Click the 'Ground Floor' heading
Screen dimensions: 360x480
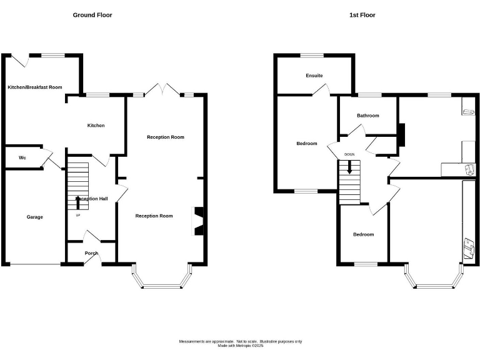click(92, 14)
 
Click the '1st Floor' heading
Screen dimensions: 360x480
click(363, 14)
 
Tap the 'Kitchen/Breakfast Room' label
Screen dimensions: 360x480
click(35, 87)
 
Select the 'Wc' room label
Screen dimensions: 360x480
click(22, 157)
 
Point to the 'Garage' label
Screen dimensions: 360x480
click(34, 217)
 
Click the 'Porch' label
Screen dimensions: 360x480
click(91, 253)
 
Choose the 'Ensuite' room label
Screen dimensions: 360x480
click(314, 76)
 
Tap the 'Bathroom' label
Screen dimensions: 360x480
click(368, 116)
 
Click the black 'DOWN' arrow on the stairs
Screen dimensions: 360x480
click(349, 166)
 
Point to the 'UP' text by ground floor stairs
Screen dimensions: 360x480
click(78, 216)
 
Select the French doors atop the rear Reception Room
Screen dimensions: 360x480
click(162, 89)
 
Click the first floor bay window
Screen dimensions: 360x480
click(435, 279)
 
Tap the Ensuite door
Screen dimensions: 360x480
click(321, 91)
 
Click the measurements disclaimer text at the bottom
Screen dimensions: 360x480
click(240, 343)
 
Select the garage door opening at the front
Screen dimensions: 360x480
click(34, 264)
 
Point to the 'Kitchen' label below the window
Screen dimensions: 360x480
click(96, 126)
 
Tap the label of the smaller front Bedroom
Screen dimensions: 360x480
click(363, 234)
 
